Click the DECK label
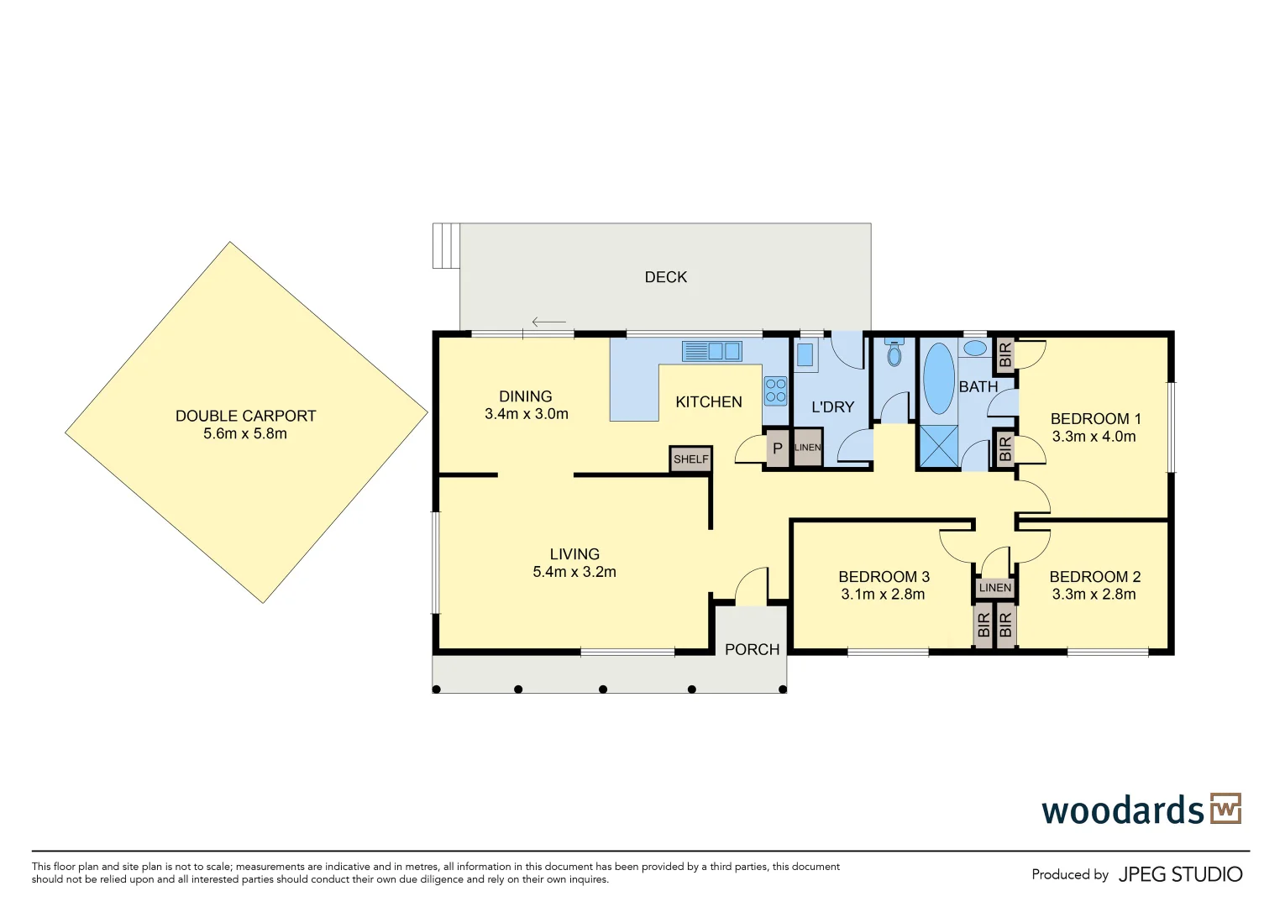click(665, 277)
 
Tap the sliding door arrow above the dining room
click(548, 322)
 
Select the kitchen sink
click(712, 351)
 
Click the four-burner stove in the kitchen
click(775, 391)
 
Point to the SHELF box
click(691, 459)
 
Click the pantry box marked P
click(778, 448)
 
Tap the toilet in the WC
click(894, 354)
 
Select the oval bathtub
click(938, 378)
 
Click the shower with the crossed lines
click(938, 445)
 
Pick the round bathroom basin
click(975, 348)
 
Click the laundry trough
click(805, 355)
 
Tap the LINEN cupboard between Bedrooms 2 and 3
click(995, 588)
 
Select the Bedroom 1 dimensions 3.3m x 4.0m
click(1094, 437)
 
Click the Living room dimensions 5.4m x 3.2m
click(574, 572)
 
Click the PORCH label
click(752, 649)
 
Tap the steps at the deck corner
click(446, 245)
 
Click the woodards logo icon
click(1225, 809)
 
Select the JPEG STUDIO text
click(1180, 874)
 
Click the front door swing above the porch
click(751, 586)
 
